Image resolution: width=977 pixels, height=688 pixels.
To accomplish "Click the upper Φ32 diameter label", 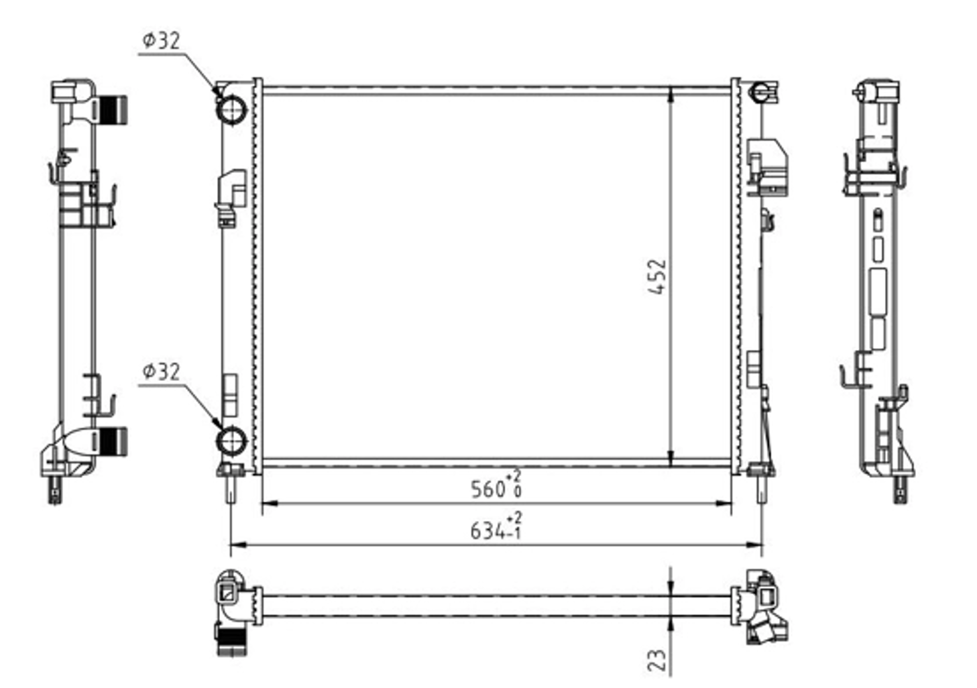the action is [x=161, y=41].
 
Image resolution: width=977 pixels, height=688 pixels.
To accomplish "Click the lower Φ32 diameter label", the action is [x=161, y=371].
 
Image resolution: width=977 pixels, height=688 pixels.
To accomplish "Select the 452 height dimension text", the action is [x=657, y=278].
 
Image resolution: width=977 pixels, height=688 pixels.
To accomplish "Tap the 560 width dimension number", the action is [x=488, y=490].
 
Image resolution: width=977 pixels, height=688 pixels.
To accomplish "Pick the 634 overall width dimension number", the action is [x=488, y=531].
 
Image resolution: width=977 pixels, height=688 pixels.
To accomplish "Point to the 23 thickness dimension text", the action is [x=657, y=660].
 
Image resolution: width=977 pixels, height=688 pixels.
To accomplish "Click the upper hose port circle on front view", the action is [x=231, y=109].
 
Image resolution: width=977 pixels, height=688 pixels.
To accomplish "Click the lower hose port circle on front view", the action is [x=231, y=441].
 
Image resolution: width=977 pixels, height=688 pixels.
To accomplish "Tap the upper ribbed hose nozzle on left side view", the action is [x=113, y=110].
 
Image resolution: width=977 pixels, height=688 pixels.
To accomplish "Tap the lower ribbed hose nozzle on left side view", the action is [x=113, y=442].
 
